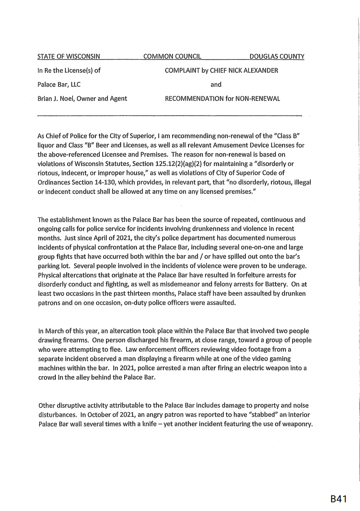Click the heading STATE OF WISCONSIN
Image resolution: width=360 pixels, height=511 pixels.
pos(69,57)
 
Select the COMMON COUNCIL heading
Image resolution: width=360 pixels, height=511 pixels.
pos(172,57)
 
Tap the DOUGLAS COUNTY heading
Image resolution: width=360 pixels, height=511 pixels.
pos(277,57)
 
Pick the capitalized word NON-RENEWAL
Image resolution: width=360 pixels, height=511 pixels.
pos(259,98)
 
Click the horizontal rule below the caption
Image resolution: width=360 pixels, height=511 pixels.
pos(169,115)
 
